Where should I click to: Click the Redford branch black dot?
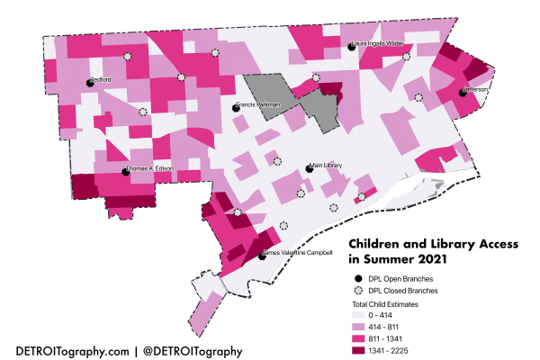pyautogui.click(x=90, y=82)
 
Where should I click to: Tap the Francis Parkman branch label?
pyautogui.click(x=260, y=105)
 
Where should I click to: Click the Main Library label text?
pyautogui.click(x=328, y=166)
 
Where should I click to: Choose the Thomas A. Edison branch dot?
pyautogui.click(x=125, y=172)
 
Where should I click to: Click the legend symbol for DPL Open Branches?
pyautogui.click(x=358, y=279)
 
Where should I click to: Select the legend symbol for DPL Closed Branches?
pyautogui.click(x=358, y=292)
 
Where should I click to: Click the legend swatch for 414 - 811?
pyautogui.click(x=359, y=327)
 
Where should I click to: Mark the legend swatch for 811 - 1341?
pyautogui.click(x=359, y=337)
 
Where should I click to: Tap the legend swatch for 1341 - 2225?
pyautogui.click(x=359, y=349)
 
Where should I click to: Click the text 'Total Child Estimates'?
pyautogui.click(x=385, y=305)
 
